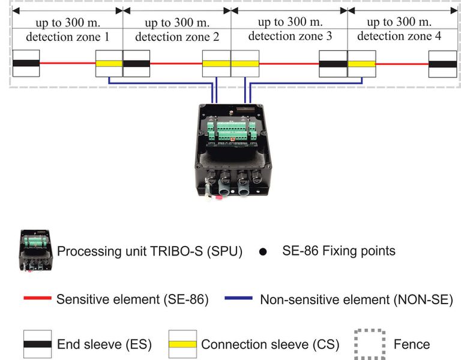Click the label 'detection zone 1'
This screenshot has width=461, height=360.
point(67,37)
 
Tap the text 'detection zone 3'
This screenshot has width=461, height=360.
point(290,36)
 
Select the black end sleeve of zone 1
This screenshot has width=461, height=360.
point(26,64)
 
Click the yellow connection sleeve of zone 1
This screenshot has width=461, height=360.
point(109,64)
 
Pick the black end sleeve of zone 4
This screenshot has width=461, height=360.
point(442,64)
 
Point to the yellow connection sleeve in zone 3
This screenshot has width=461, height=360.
point(245,64)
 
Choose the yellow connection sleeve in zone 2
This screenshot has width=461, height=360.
point(216,64)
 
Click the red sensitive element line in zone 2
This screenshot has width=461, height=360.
point(176,64)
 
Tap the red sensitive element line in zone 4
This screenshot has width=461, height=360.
point(402,64)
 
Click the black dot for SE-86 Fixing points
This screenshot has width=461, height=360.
point(262,251)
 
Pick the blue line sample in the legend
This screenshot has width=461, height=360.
point(238,298)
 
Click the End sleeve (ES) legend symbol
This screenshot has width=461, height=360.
point(37,344)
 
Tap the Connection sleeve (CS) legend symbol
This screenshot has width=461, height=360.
point(182,344)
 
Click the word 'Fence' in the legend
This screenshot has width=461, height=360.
point(412,344)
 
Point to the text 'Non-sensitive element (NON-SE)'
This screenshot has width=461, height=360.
point(356,299)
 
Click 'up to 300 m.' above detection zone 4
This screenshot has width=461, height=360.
point(399,23)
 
